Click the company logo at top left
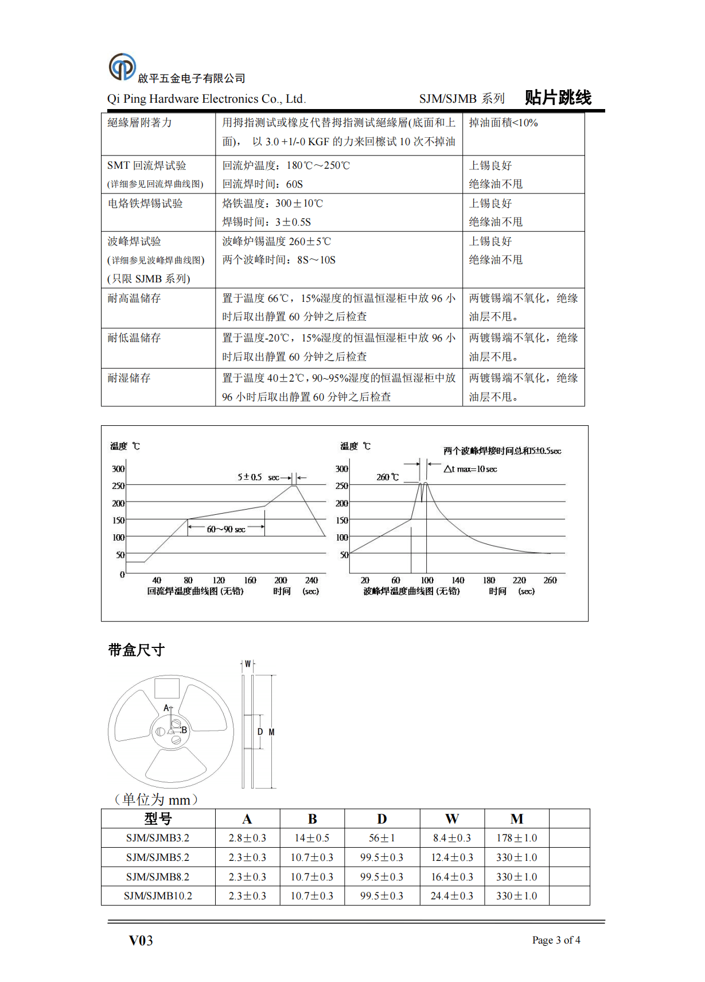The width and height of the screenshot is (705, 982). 122,67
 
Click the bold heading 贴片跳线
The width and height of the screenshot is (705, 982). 558,98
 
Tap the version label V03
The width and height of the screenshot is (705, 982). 141,940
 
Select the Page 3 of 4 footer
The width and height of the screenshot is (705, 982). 556,940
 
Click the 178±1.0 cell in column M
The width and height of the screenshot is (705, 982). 516,838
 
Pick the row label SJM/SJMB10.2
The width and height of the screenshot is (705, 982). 158,896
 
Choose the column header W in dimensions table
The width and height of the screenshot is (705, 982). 451,819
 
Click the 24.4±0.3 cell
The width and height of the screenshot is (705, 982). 451,896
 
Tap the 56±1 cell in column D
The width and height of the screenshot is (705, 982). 381,838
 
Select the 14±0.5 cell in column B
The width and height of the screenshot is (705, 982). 311,838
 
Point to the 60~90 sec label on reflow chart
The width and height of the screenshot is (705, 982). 226,529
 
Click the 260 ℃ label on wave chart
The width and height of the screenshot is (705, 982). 387,478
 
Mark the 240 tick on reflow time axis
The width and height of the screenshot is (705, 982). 311,580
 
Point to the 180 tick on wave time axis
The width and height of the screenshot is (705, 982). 489,580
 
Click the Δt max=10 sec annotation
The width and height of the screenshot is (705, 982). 470,469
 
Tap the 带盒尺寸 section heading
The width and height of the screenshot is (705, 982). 137,650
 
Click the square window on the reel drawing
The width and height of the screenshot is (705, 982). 167,688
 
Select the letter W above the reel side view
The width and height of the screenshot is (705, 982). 248,664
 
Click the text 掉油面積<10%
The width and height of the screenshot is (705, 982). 503,123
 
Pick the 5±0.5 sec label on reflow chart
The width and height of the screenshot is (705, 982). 258,477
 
